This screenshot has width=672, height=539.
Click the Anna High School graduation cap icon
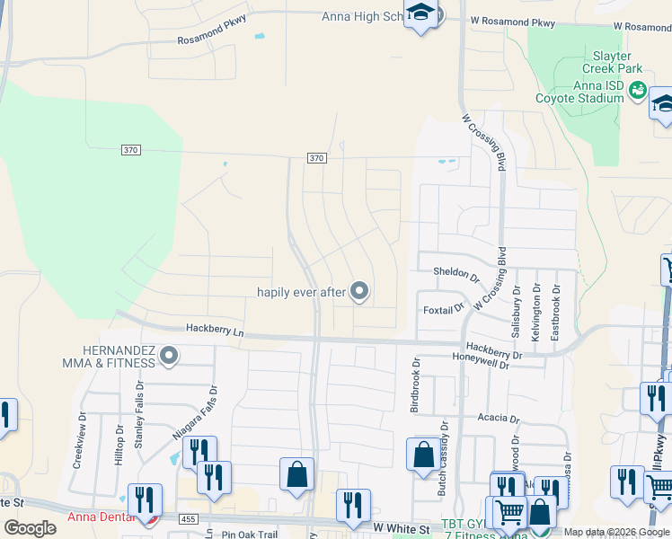pos(420,13)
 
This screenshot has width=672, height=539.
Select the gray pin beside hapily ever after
pos(359,291)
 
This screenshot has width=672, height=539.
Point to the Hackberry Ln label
pos(215,331)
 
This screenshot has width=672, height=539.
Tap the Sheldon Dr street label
pos(456,271)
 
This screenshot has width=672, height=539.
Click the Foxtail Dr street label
pos(443,309)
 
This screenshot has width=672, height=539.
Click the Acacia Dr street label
pos(499,419)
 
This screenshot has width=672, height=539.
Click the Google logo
pos(30,528)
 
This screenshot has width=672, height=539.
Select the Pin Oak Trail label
pos(252,534)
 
